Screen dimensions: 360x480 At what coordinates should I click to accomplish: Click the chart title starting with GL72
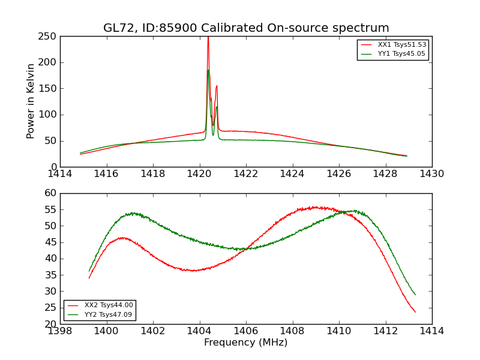pos(246,28)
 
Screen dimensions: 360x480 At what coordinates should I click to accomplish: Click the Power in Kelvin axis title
pos(31,101)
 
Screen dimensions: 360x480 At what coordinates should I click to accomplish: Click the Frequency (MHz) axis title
pos(246,343)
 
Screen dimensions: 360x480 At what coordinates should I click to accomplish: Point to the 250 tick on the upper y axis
pos(49,37)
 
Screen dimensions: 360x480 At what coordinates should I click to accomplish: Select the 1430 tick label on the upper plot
pos(431,174)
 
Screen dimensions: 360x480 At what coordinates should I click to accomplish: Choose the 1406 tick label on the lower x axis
pos(246,331)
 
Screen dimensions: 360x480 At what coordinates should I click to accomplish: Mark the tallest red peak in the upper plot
pos(208,38)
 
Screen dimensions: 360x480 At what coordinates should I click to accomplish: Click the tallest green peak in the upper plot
pos(208,70)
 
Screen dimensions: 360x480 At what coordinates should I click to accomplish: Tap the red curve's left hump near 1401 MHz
pos(122,238)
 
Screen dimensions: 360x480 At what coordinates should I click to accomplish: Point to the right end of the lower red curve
pos(415,312)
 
